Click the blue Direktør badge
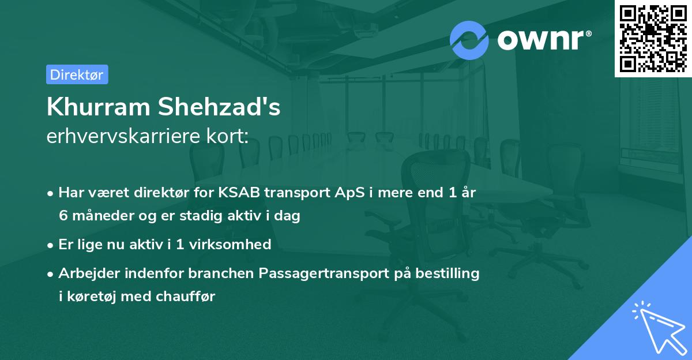77,74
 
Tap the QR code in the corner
653,38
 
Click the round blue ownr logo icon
469,40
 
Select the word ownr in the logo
541,40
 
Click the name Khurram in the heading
99,107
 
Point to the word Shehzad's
219,107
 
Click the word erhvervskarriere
123,136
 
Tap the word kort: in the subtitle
227,136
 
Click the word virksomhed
230,245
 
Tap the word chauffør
185,297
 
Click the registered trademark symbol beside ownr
589,33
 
